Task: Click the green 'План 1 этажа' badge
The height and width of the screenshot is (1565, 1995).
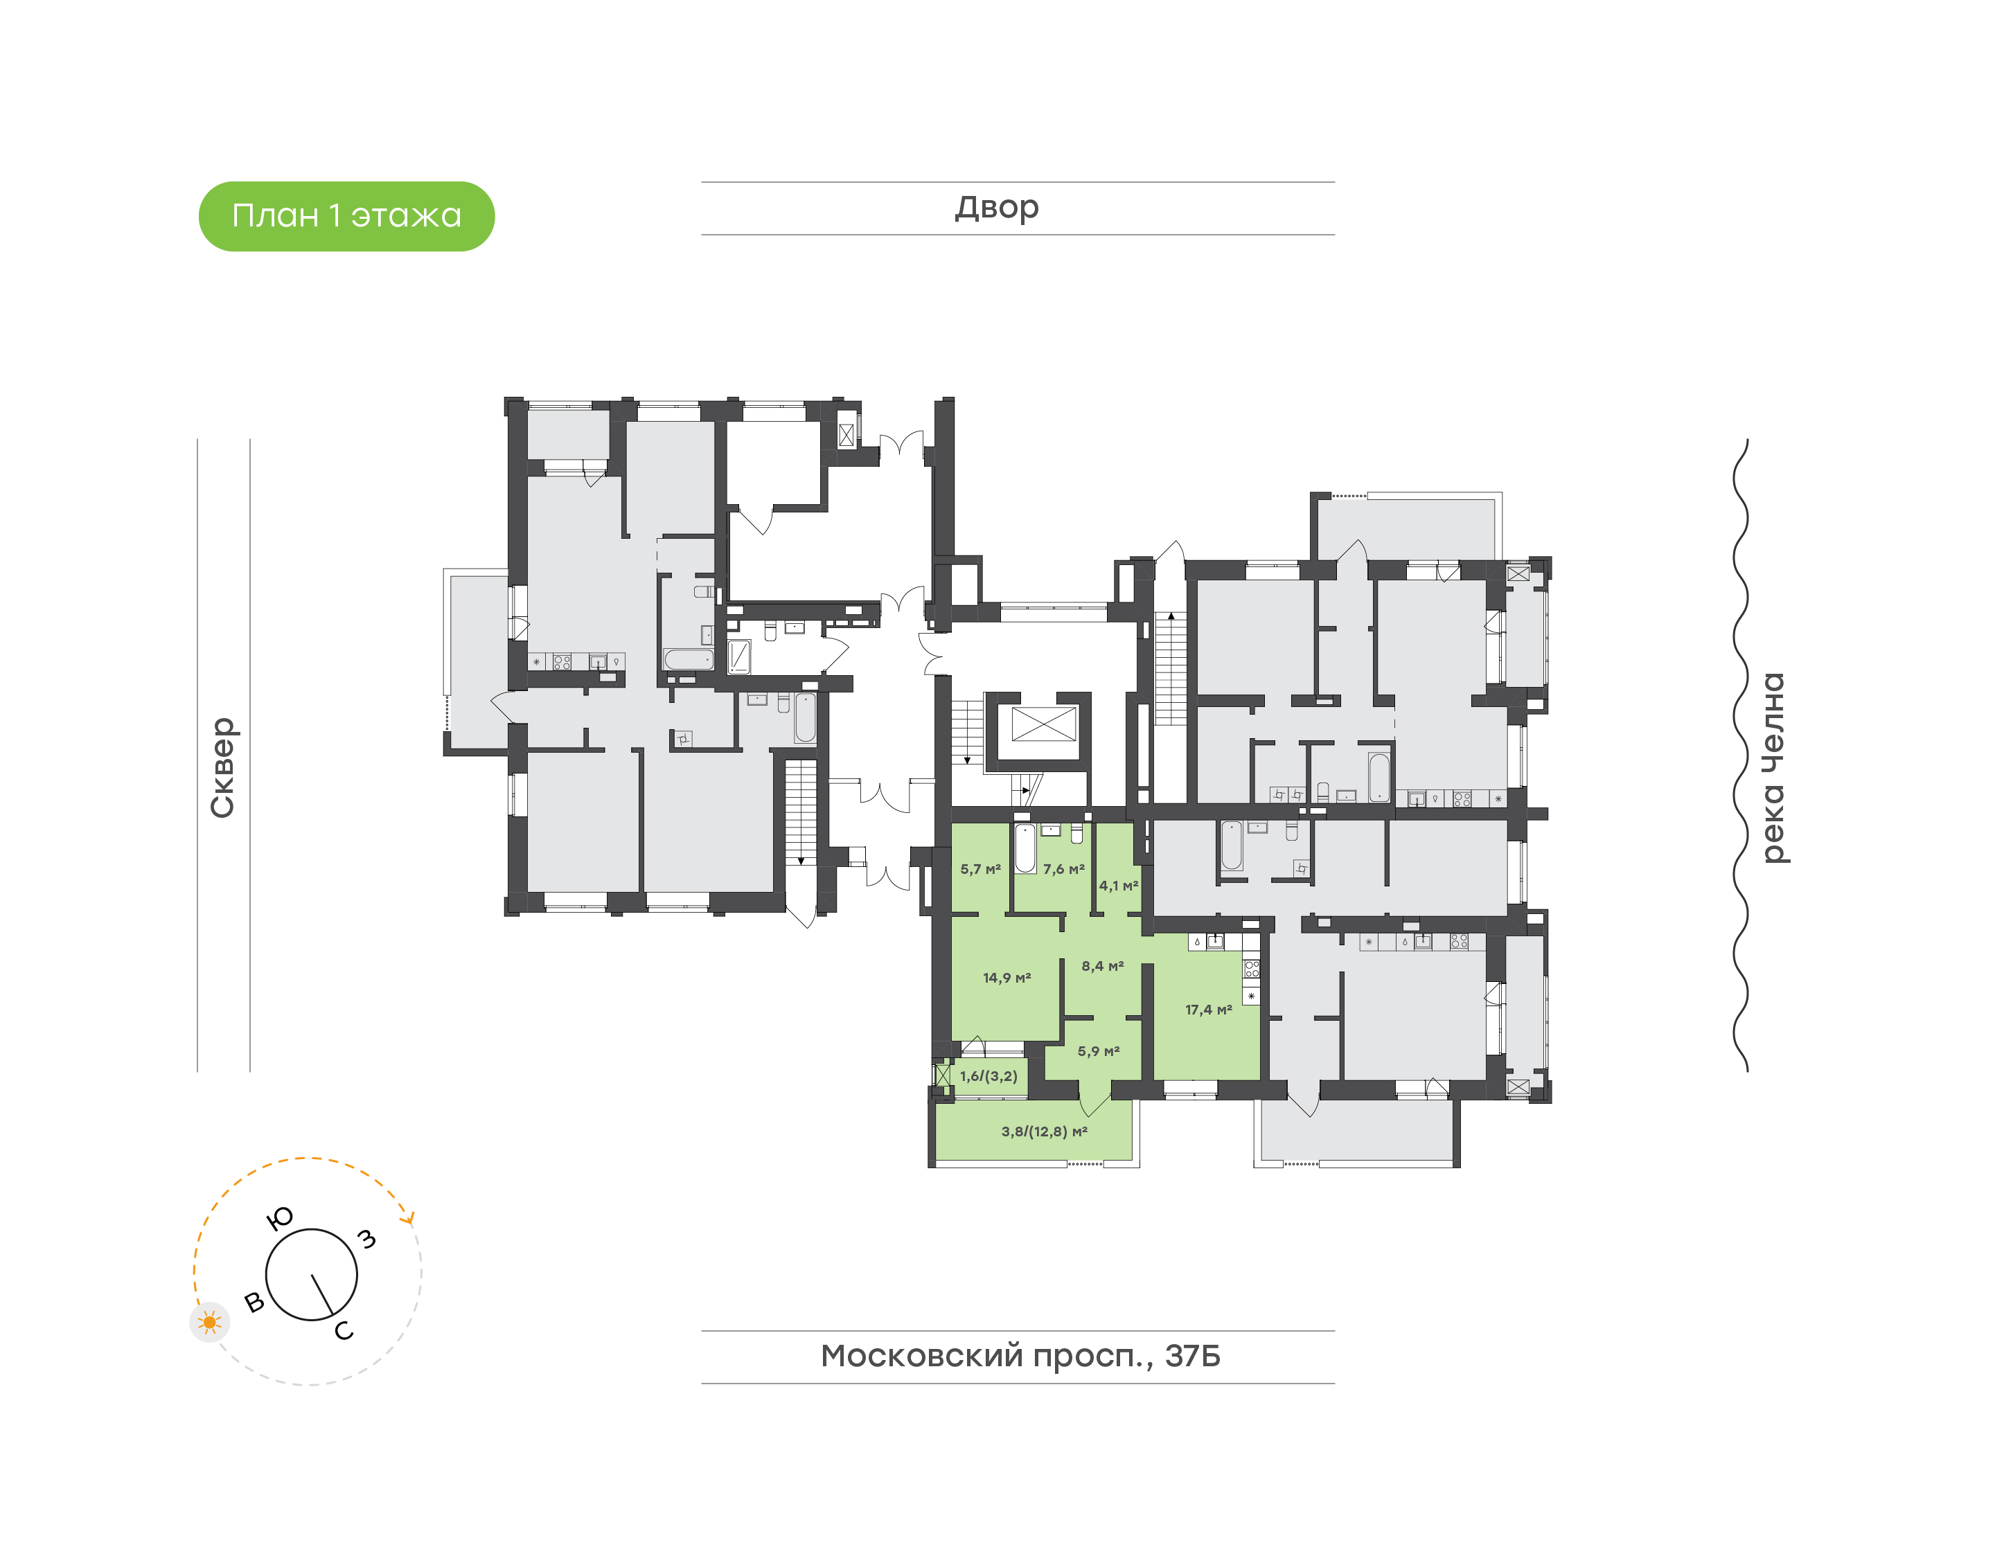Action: (x=346, y=216)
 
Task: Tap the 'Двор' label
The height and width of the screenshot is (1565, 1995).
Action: (x=997, y=208)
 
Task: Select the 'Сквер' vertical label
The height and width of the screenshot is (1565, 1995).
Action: (x=222, y=768)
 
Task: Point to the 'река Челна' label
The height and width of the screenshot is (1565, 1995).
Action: (x=1773, y=768)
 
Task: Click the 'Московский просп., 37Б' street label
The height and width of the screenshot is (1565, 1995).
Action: (x=1020, y=1355)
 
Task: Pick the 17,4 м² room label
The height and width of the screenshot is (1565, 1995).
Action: (x=1208, y=1010)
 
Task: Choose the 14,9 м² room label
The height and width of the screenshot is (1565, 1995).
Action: (x=1007, y=978)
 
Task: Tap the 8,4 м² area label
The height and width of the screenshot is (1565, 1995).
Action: (x=1101, y=966)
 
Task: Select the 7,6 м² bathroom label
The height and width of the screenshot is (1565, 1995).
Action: (x=1063, y=868)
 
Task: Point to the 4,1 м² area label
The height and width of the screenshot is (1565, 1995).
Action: (x=1118, y=885)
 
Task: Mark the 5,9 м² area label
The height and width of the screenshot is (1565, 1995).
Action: (x=1098, y=1051)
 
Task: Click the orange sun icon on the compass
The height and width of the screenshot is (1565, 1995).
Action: (x=210, y=1322)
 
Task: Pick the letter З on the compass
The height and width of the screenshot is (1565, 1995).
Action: (x=366, y=1239)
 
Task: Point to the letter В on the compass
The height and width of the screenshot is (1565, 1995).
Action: (x=255, y=1302)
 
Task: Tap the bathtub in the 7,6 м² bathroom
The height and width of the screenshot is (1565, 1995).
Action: (x=1025, y=848)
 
